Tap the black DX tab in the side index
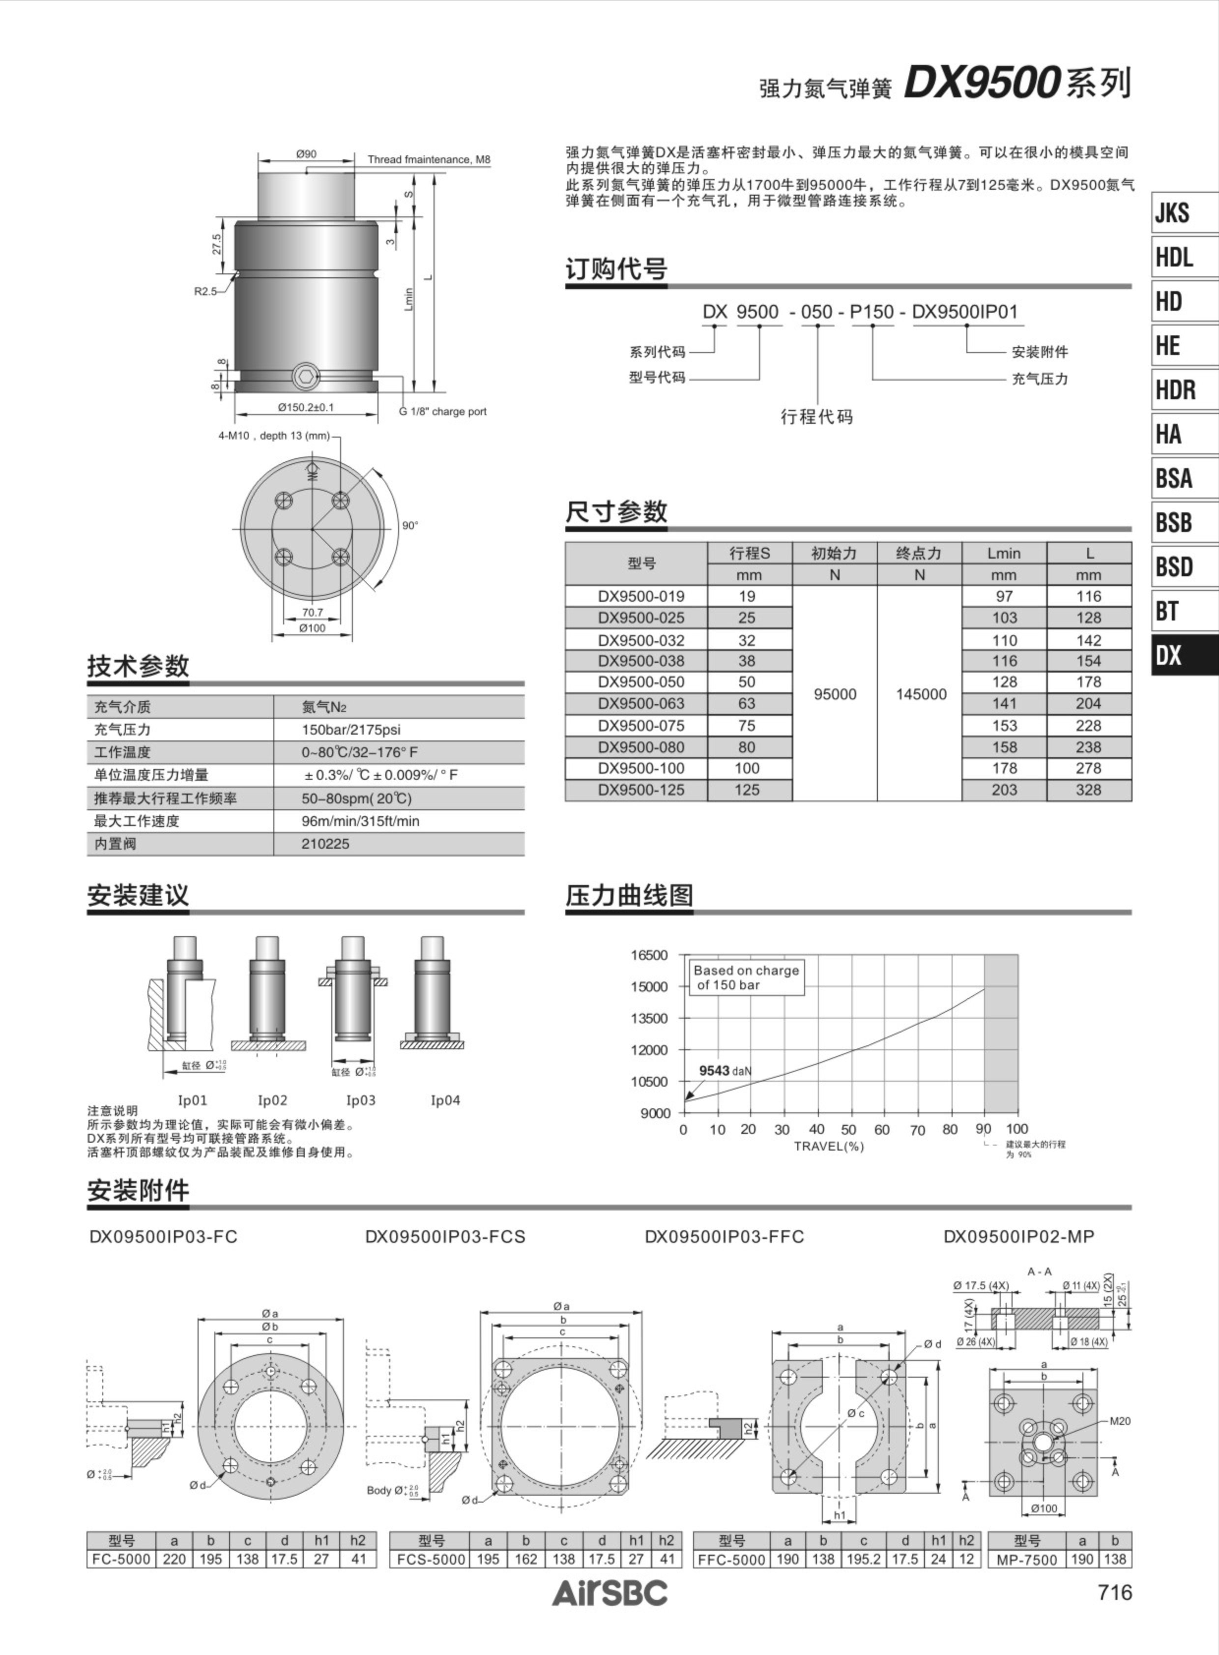coord(1184,655)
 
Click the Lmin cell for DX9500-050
coord(1004,682)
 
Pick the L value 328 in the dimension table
coord(1088,790)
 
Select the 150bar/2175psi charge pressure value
coord(350,729)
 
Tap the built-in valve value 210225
coord(325,844)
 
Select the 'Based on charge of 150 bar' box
coord(746,977)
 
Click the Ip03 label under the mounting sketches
coord(361,1100)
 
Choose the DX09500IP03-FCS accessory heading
coord(445,1237)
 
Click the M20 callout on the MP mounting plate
coord(1119,1421)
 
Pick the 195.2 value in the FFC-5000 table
coord(863,1559)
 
